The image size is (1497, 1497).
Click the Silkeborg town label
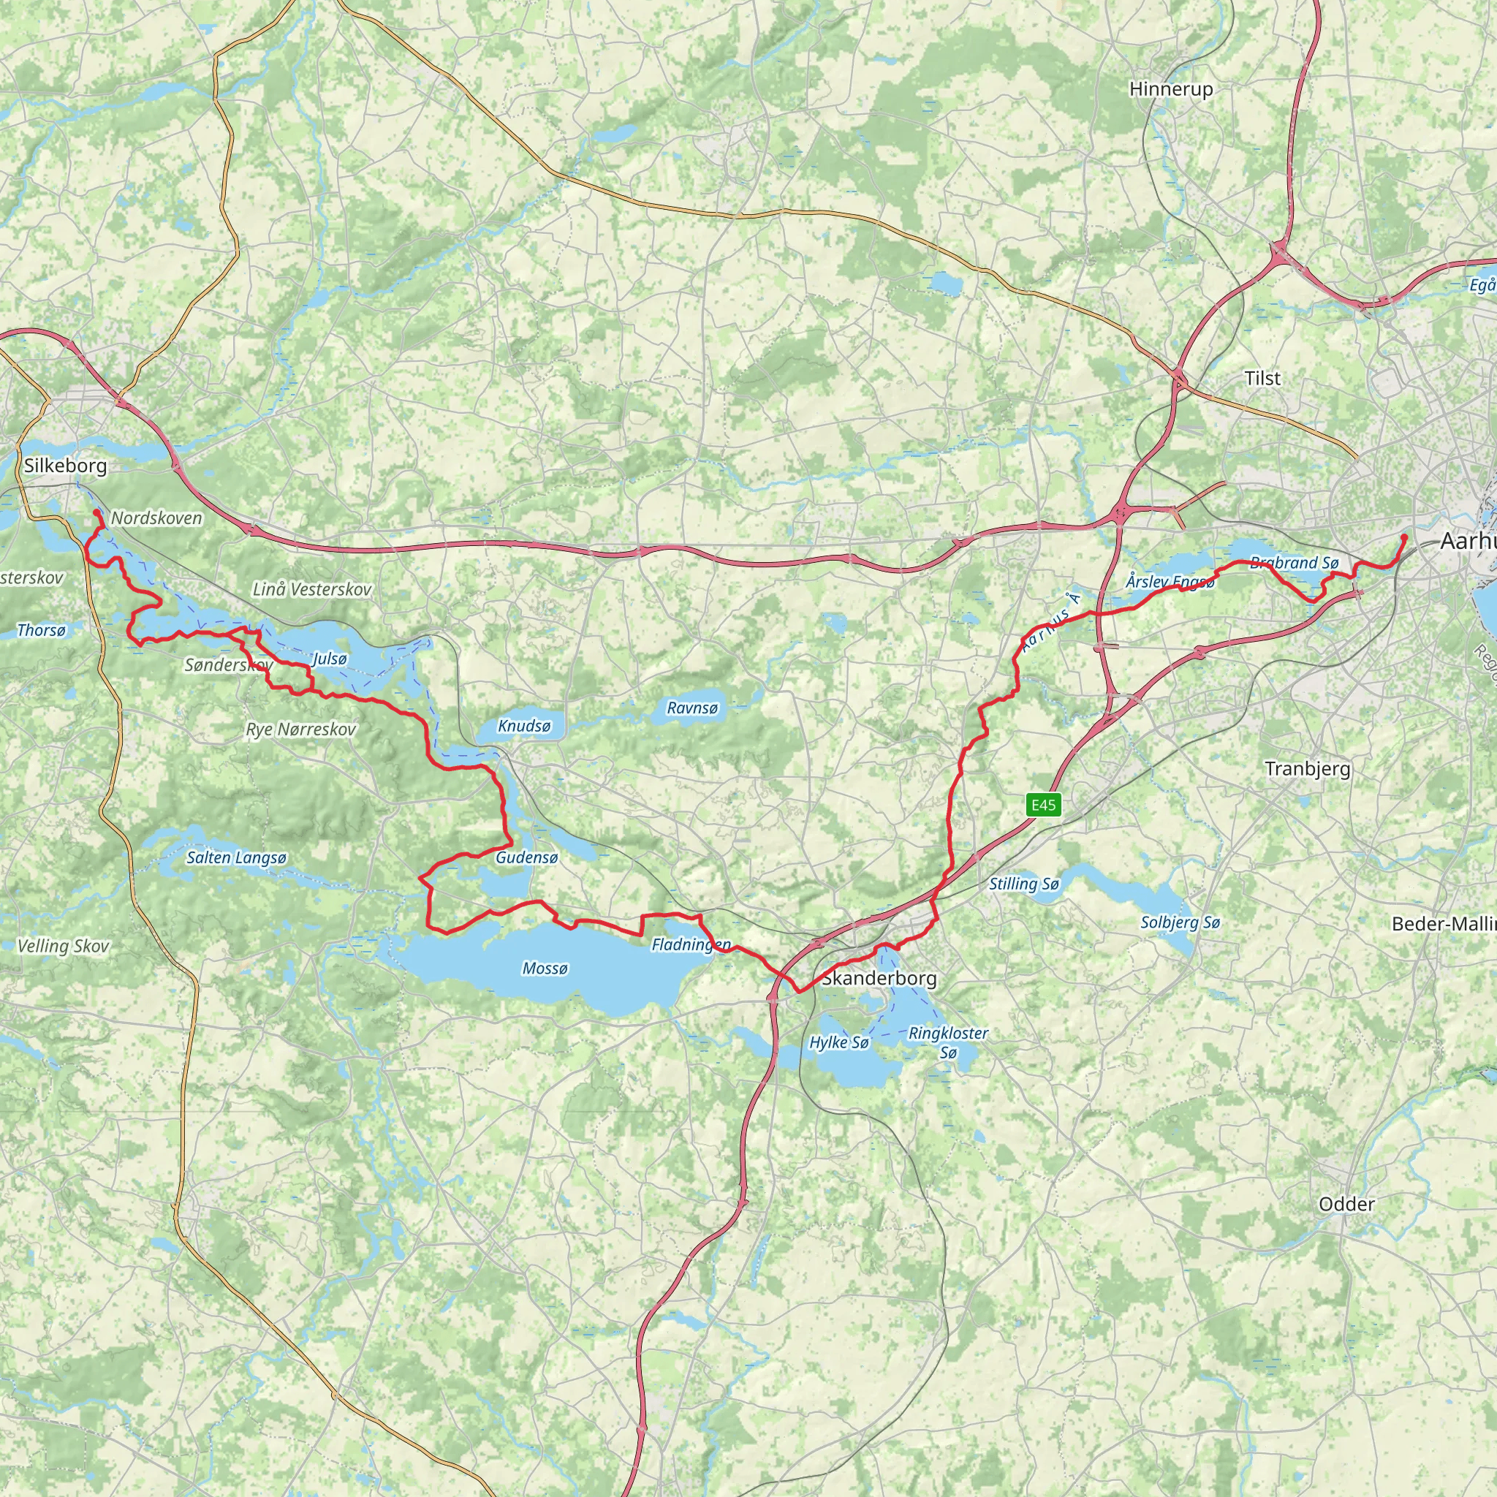coord(65,466)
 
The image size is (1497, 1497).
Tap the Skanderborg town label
coord(879,979)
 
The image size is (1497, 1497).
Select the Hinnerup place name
coord(1171,89)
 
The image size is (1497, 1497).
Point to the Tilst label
coord(1262,378)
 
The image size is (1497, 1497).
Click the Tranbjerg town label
coord(1307,769)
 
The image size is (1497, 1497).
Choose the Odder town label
coord(1346,1204)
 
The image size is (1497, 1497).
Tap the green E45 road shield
coord(1043,804)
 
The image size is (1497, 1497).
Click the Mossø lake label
coord(545,969)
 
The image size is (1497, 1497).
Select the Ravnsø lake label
coord(692,708)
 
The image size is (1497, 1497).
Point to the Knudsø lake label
coord(524,726)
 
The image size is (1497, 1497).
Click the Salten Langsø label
coord(236,857)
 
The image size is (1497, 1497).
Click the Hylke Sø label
coord(839,1042)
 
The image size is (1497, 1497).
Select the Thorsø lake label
coord(41,630)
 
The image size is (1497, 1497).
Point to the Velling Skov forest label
coord(63,946)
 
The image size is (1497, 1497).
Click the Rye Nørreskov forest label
coord(300,730)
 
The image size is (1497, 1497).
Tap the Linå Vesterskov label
coord(311,589)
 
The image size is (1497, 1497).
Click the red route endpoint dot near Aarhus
coord(1404,537)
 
